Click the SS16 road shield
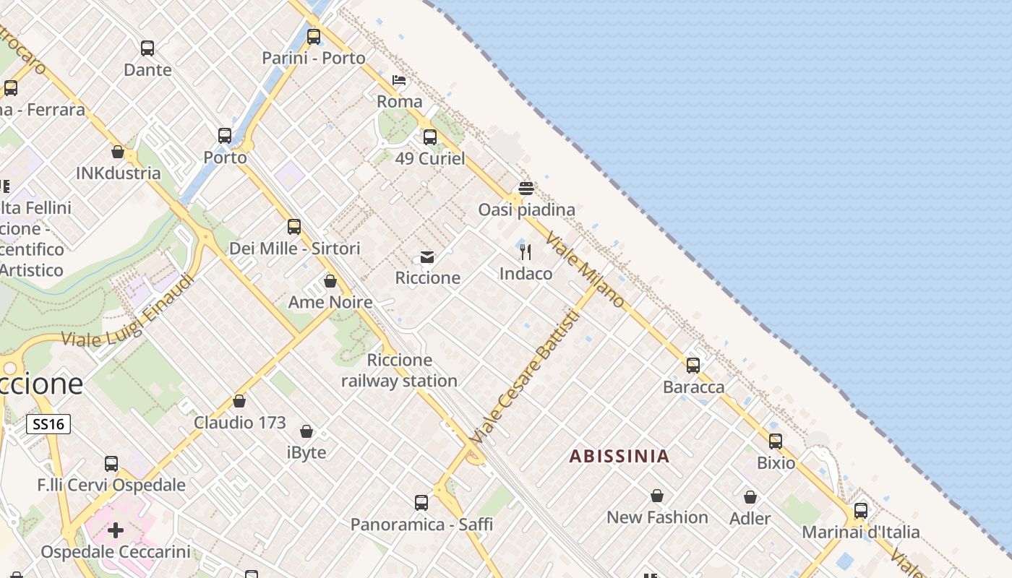pyautogui.click(x=48, y=424)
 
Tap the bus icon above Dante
pyautogui.click(x=147, y=48)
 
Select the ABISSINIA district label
pyautogui.click(x=619, y=457)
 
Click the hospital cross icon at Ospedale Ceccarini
pyautogui.click(x=116, y=531)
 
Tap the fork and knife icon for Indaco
pyautogui.click(x=526, y=252)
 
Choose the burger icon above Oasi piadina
pyautogui.click(x=526, y=189)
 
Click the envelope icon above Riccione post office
pyautogui.click(x=427, y=257)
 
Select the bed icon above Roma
pyautogui.click(x=399, y=80)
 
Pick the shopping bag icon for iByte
pyautogui.click(x=306, y=432)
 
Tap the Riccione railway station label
pyautogui.click(x=399, y=371)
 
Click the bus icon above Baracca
pyautogui.click(x=693, y=366)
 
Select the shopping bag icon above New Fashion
pyautogui.click(x=657, y=496)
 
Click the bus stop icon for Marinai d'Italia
pyautogui.click(x=861, y=511)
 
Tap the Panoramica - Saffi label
pyautogui.click(x=421, y=525)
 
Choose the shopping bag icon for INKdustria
pyautogui.click(x=118, y=152)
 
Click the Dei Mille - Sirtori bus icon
pyautogui.click(x=294, y=227)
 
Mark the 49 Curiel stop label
pyautogui.click(x=430, y=158)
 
